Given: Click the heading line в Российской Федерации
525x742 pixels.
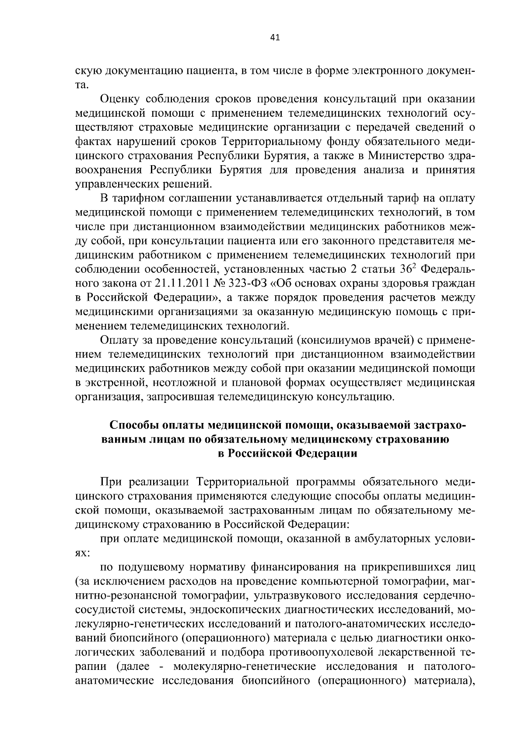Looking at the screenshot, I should pyautogui.click(x=287, y=454).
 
